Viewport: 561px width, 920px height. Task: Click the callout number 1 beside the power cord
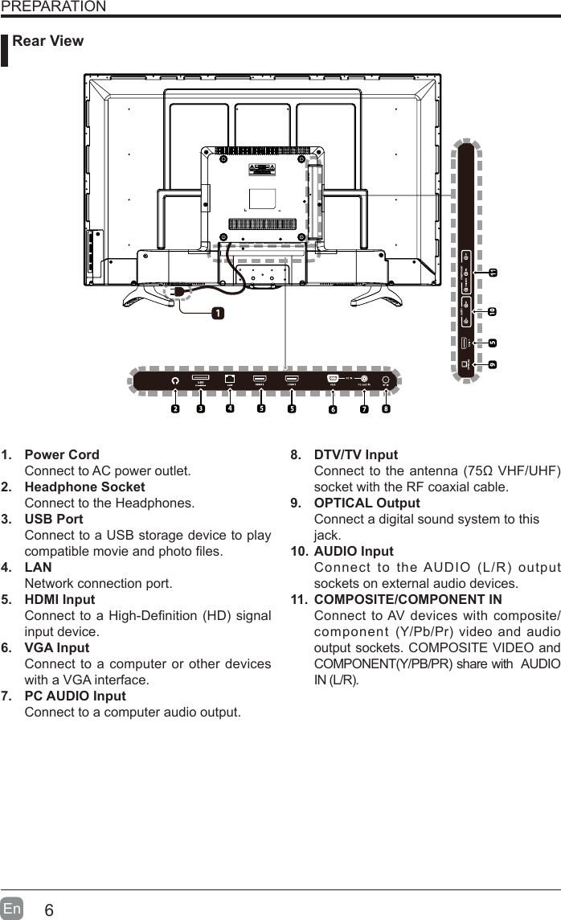218,312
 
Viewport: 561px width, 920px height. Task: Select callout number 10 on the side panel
492,310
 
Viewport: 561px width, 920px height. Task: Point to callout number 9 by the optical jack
492,364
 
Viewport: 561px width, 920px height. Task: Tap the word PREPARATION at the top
53,7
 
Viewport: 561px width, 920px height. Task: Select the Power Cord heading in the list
63,455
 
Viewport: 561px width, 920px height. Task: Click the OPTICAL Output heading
366,503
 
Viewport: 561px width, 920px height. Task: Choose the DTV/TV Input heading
355,455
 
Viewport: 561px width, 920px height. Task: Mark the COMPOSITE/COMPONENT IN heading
407,599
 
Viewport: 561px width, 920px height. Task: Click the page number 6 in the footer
50,910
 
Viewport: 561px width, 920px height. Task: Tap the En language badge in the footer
13,909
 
